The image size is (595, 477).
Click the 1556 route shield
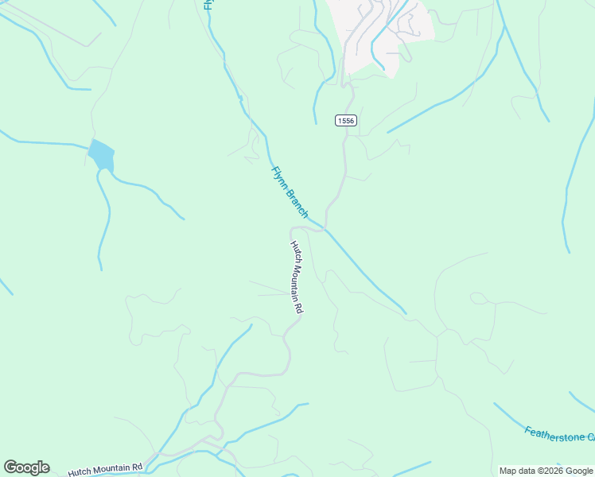(345, 120)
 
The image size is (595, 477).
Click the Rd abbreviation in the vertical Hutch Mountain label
(302, 306)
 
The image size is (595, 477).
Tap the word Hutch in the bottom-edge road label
(79, 471)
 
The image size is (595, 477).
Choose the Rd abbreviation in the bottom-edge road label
(137, 467)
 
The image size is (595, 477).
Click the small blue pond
(101, 154)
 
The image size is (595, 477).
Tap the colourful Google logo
(26, 467)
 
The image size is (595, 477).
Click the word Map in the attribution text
(508, 471)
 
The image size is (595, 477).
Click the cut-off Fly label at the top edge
(208, 4)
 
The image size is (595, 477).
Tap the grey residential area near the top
(382, 32)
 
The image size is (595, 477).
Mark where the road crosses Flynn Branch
(325, 230)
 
